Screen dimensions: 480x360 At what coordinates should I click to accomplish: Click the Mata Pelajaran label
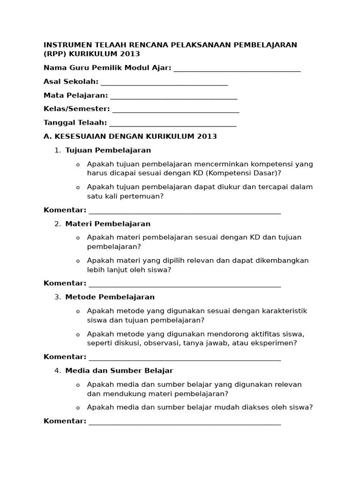(75, 96)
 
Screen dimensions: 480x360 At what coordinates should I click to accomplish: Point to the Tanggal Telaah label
(75, 123)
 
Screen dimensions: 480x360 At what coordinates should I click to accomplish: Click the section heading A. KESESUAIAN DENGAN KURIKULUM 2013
(130, 136)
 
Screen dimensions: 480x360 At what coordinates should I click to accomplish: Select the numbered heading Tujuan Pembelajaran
(108, 150)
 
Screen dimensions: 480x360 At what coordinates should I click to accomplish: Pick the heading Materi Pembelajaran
(108, 224)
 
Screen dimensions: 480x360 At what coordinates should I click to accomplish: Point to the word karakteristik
(284, 311)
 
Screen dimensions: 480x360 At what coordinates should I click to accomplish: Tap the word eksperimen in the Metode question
(275, 343)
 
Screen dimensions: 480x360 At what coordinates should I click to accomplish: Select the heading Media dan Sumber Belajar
(119, 370)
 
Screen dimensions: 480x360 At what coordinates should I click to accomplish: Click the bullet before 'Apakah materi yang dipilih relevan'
(78, 261)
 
